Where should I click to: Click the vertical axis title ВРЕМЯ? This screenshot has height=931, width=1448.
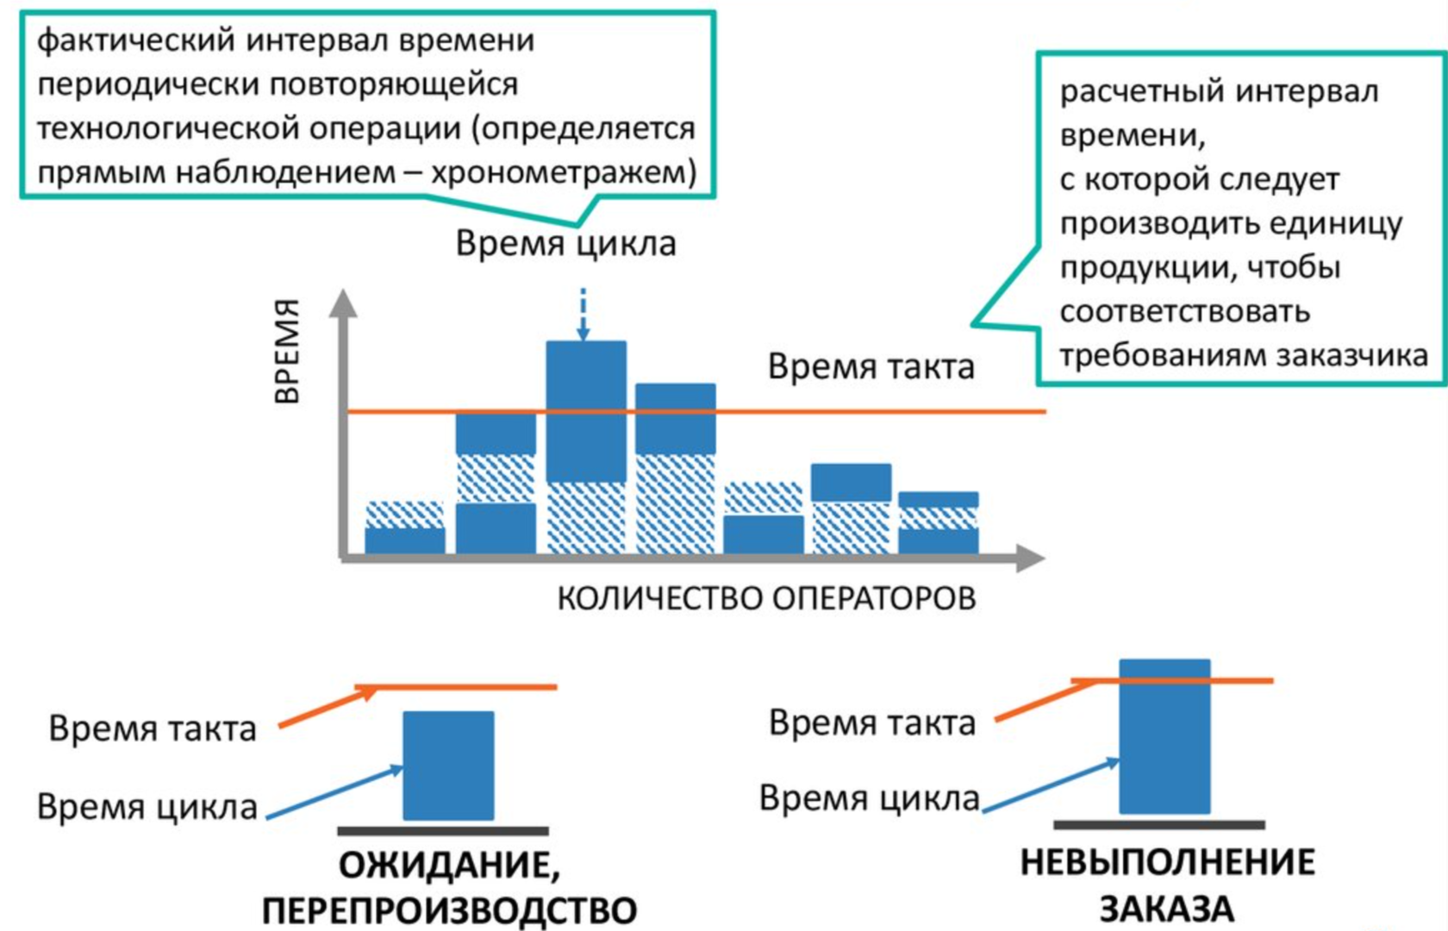(x=288, y=352)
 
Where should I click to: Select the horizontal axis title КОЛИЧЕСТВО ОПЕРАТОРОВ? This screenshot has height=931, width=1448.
(x=766, y=598)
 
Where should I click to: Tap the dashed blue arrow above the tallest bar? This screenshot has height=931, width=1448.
(x=584, y=315)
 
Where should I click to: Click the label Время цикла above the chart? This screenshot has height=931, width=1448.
(x=565, y=244)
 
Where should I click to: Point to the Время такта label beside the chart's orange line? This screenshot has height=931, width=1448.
(x=871, y=367)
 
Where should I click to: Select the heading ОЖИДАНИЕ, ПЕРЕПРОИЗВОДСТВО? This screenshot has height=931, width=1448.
(x=449, y=887)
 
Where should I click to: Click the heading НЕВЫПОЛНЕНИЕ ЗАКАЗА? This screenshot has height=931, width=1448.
(x=1167, y=885)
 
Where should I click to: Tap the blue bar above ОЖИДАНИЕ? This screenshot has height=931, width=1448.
(x=448, y=765)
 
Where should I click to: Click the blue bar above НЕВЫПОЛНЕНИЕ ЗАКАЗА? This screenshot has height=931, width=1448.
(x=1164, y=737)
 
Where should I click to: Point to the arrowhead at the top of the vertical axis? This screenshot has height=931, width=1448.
(x=344, y=303)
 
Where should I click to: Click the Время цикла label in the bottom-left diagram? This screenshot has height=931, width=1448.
(x=147, y=808)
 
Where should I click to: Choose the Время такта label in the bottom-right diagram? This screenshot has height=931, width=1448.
(x=871, y=723)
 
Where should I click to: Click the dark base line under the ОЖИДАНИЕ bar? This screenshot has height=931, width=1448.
(x=442, y=832)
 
